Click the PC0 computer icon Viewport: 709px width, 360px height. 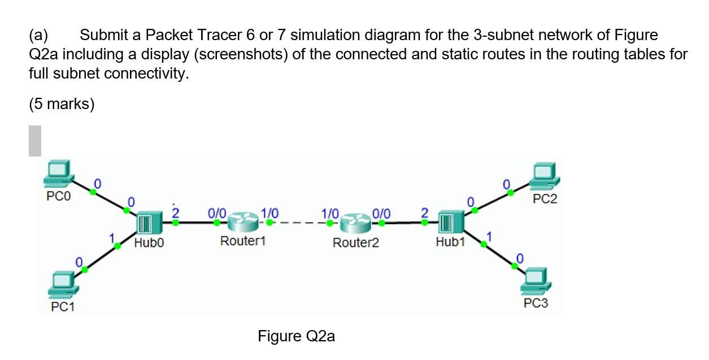[x=58, y=172]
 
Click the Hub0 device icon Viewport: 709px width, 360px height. [x=144, y=223]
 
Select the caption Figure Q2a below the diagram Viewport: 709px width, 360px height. [x=296, y=337]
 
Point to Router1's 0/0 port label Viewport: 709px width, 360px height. [x=216, y=214]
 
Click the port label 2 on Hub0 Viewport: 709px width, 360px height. [x=175, y=213]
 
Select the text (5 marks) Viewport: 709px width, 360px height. [x=62, y=105]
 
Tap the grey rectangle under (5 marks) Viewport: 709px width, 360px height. [x=35, y=141]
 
